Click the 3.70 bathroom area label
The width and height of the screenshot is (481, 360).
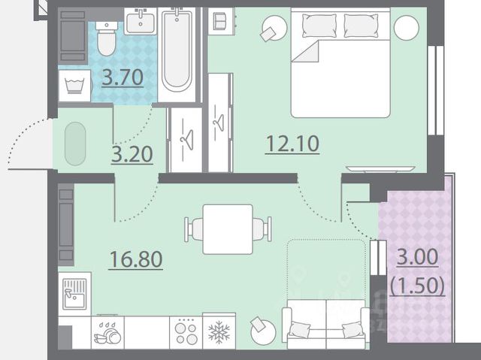pos(123,77)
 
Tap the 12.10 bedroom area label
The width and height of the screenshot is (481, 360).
pos(292,144)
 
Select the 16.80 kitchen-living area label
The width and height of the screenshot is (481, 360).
pos(135,259)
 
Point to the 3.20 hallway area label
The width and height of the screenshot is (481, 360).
pos(132,154)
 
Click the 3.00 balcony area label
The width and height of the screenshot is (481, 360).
pos(418,257)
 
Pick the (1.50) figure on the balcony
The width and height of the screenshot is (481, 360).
pos(418,286)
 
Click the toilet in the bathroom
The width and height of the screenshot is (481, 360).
pos(107,38)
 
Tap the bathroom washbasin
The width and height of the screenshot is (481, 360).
pos(141,21)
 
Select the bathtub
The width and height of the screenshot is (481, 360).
pos(177,50)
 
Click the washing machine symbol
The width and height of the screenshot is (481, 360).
pos(74,85)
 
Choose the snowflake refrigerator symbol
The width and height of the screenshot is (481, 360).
pos(219,331)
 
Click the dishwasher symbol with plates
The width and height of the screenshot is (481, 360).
pos(107,333)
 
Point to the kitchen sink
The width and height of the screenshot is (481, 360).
pos(75,294)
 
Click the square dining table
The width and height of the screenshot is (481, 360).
pos(228,229)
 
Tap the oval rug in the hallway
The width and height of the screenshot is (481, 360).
pos(75,144)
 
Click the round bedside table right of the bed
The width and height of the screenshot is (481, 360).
pos(407,28)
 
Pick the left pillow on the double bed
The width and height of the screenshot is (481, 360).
pos(319,26)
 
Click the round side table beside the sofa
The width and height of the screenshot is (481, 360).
pos(263,332)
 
